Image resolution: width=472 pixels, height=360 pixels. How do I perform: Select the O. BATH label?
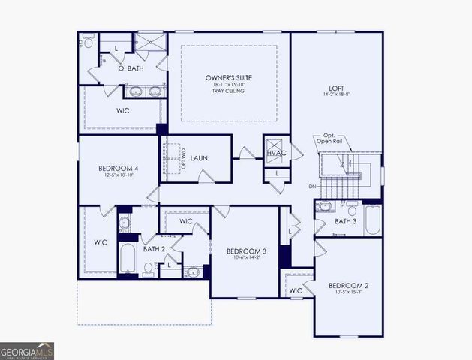point(131,68)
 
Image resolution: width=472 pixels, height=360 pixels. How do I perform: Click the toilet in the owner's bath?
point(89,43)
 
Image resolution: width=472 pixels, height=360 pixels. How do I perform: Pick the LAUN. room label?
point(200,158)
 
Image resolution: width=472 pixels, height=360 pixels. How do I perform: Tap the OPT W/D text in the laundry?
point(182,159)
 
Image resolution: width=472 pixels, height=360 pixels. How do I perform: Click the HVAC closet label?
point(276,154)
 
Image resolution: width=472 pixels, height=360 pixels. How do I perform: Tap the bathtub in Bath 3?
point(372,220)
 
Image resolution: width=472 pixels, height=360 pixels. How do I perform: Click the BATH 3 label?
point(345,221)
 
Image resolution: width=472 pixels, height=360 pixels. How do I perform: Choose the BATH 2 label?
point(154,248)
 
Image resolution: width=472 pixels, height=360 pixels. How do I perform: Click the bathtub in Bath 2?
point(127,259)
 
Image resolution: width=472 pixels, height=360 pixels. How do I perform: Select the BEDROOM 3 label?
point(245,250)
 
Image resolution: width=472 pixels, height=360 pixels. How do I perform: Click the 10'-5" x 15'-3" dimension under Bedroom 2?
point(347,292)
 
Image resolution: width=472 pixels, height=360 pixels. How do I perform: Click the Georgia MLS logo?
point(27,350)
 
